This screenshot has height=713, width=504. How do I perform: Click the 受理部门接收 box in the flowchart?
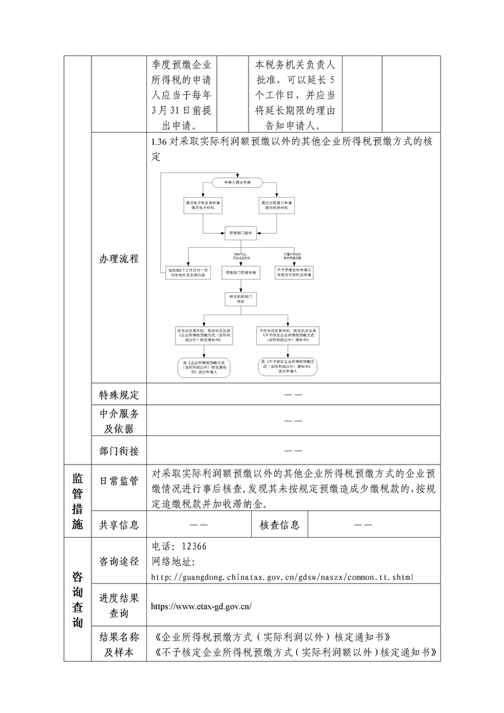pyautogui.click(x=241, y=234)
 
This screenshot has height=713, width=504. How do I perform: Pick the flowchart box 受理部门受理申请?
pyautogui.click(x=241, y=272)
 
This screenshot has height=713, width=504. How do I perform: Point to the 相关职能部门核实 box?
pyautogui.click(x=241, y=298)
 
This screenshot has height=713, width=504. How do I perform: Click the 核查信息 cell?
pyautogui.click(x=280, y=525)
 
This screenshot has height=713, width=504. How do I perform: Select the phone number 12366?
pyautogui.click(x=194, y=547)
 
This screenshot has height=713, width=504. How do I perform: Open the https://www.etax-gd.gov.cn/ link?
pyautogui.click(x=201, y=606)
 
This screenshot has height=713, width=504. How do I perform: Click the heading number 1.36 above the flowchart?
pyautogui.click(x=159, y=142)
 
